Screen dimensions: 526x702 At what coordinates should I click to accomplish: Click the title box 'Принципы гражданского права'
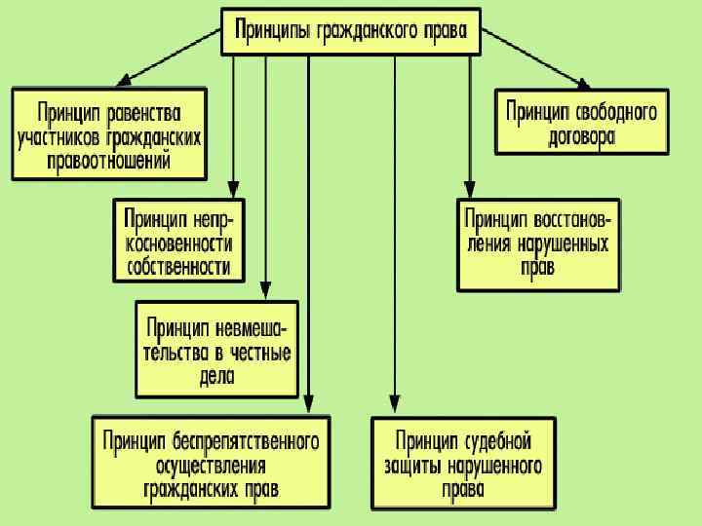(351, 32)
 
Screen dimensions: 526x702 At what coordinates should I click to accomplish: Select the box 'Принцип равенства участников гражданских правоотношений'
(109, 135)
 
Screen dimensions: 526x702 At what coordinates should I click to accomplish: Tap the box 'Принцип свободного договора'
(581, 122)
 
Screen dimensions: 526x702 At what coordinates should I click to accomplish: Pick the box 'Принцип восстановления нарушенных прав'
(538, 244)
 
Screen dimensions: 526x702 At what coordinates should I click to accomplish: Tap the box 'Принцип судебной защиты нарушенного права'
(463, 464)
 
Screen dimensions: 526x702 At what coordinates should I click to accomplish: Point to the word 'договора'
(581, 136)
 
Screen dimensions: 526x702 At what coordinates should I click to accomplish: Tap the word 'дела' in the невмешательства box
(217, 376)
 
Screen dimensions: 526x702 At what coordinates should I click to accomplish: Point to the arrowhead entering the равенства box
(124, 79)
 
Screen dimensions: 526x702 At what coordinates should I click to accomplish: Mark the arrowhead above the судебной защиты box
(394, 407)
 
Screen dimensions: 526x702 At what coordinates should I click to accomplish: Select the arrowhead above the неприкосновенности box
(233, 189)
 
